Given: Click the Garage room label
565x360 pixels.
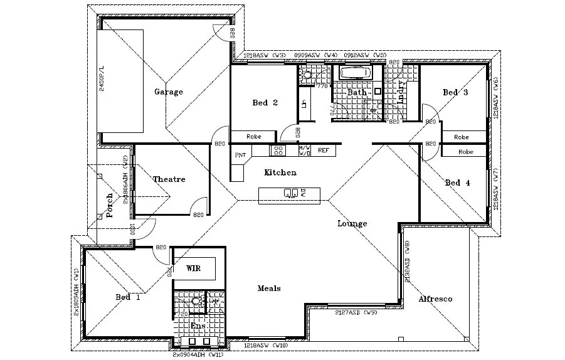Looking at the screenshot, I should pos(169,92).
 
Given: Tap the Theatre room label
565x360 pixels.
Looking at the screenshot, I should pos(169,179).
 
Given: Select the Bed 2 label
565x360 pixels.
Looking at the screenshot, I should pos(265,103).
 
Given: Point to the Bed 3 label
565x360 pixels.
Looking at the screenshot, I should pos(455,93).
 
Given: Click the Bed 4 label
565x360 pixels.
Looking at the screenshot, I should pos(457,183).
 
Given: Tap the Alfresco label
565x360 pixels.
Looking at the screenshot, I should pos(435,299).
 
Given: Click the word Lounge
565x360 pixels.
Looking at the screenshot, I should pos(352,224).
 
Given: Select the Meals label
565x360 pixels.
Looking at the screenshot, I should pos(269,289).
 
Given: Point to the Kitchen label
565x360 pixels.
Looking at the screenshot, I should pos(280,172).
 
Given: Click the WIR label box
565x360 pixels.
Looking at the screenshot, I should pos(194,268).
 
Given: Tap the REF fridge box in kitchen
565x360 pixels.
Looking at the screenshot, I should pos(324,151).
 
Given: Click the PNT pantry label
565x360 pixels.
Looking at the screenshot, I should pos(240,155).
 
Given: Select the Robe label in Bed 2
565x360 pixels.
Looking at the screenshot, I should pos(253,136).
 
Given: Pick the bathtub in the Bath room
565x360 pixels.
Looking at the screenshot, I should pos(356,73).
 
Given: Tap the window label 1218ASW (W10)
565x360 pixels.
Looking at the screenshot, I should pos(264,346).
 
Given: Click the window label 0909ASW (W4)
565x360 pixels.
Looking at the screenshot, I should pos(307,56).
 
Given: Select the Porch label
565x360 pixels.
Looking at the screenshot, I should pos(109,205).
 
